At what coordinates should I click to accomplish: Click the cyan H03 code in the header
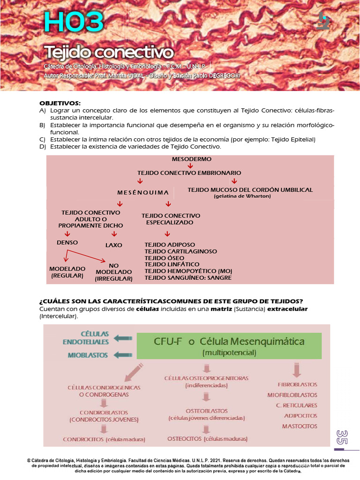(73, 22)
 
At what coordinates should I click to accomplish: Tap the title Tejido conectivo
(109, 51)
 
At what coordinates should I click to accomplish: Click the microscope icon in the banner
(323, 21)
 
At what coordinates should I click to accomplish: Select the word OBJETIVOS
(60, 103)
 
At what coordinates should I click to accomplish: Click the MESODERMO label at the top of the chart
(191, 159)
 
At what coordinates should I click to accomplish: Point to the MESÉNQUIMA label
(142, 193)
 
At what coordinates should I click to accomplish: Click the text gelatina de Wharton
(242, 196)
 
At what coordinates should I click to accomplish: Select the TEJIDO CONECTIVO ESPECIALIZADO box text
(171, 219)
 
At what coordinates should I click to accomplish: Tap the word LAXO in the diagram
(113, 245)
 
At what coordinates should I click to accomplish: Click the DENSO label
(67, 243)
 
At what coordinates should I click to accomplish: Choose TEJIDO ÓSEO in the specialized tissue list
(164, 258)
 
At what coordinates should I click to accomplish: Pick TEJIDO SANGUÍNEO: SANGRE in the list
(187, 278)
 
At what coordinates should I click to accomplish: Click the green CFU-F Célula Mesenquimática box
(229, 346)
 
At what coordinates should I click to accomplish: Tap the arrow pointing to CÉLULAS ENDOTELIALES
(123, 338)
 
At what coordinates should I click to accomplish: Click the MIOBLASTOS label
(88, 355)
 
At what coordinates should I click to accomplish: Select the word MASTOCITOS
(300, 427)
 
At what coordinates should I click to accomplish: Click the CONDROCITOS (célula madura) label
(104, 440)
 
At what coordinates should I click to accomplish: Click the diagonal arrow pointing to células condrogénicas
(135, 370)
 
